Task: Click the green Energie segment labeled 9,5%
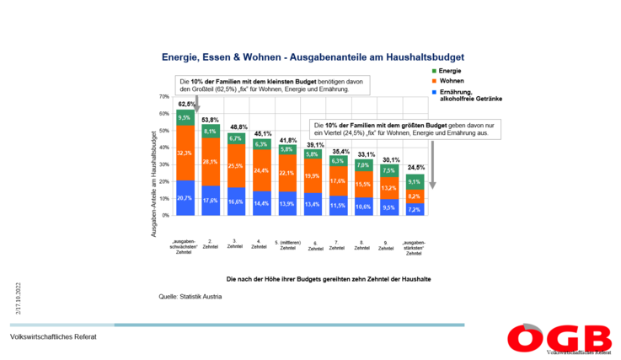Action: tap(185, 118)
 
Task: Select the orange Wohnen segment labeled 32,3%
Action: tap(185, 153)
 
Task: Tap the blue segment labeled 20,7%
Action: tap(185, 197)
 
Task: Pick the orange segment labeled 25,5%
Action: tap(236, 166)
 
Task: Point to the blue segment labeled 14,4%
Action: tap(262, 203)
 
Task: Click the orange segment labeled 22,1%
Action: tap(287, 174)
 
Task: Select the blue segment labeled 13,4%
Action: tap(313, 203)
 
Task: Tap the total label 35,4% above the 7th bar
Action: tap(339, 151)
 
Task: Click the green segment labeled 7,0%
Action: tap(364, 165)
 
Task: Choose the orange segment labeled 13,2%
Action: tap(389, 188)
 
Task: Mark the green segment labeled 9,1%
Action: tap(415, 181)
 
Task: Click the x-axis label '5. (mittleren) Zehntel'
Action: tap(287, 244)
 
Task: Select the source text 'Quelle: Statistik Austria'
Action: tap(190, 297)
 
